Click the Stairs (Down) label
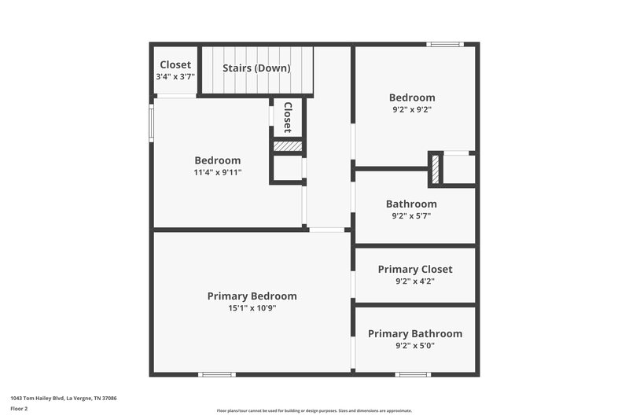[256, 68]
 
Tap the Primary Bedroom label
[252, 296]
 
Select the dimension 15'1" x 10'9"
[252, 308]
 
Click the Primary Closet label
[415, 270]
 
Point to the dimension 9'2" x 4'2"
[415, 281]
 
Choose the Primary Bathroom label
[415, 334]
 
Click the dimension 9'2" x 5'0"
[415, 345]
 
